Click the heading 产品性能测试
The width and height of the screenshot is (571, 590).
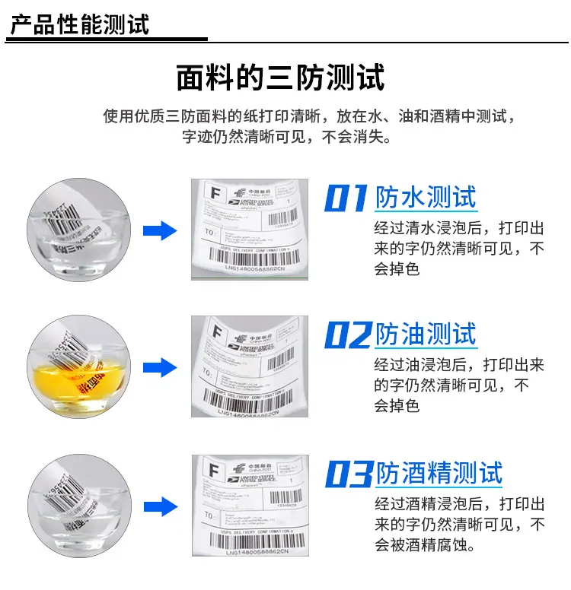click(x=79, y=23)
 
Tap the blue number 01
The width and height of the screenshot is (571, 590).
click(x=346, y=198)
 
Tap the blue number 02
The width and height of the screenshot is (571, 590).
click(x=347, y=335)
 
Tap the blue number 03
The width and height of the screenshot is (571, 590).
click(x=348, y=474)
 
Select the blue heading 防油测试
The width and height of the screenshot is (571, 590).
click(x=426, y=335)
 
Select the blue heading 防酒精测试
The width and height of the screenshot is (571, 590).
click(x=439, y=474)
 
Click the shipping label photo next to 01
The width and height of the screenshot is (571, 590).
click(x=250, y=230)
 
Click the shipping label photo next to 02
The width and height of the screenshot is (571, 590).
click(x=250, y=367)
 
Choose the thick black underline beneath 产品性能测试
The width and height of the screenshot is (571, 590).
click(x=107, y=40)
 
